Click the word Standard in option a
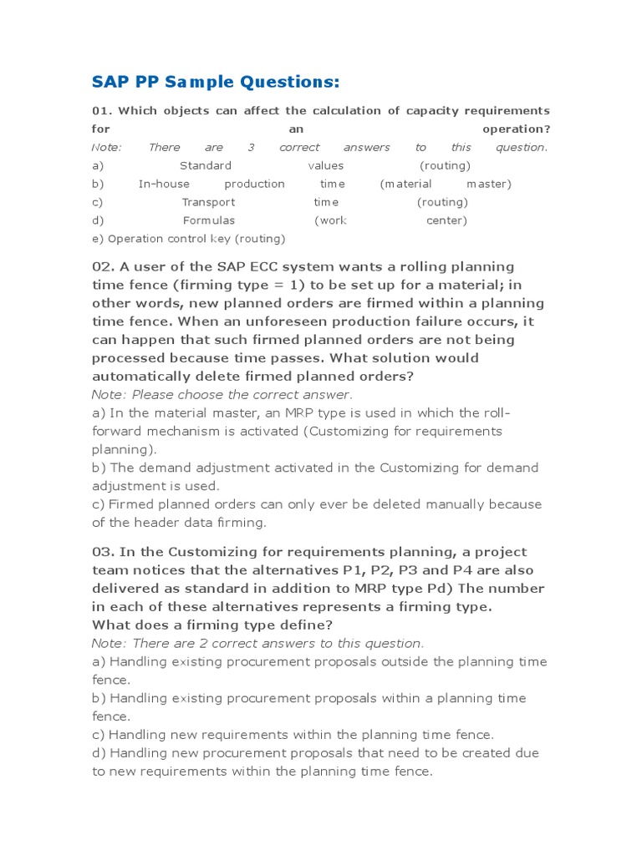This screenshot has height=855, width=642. (206, 165)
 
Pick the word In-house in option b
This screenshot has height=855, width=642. (164, 184)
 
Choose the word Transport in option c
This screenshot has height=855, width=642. (208, 202)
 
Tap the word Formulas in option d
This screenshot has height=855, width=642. (209, 220)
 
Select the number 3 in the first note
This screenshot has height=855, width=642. (251, 148)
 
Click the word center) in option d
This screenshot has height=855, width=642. (446, 220)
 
